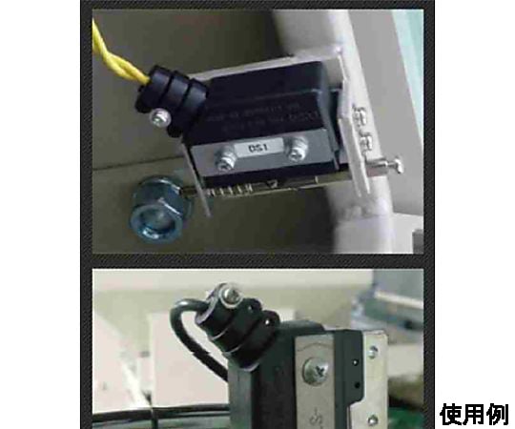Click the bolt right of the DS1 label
[x=299, y=148]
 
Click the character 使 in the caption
[x=451, y=414]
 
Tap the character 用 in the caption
[x=474, y=414]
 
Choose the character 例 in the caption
[x=497, y=414]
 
